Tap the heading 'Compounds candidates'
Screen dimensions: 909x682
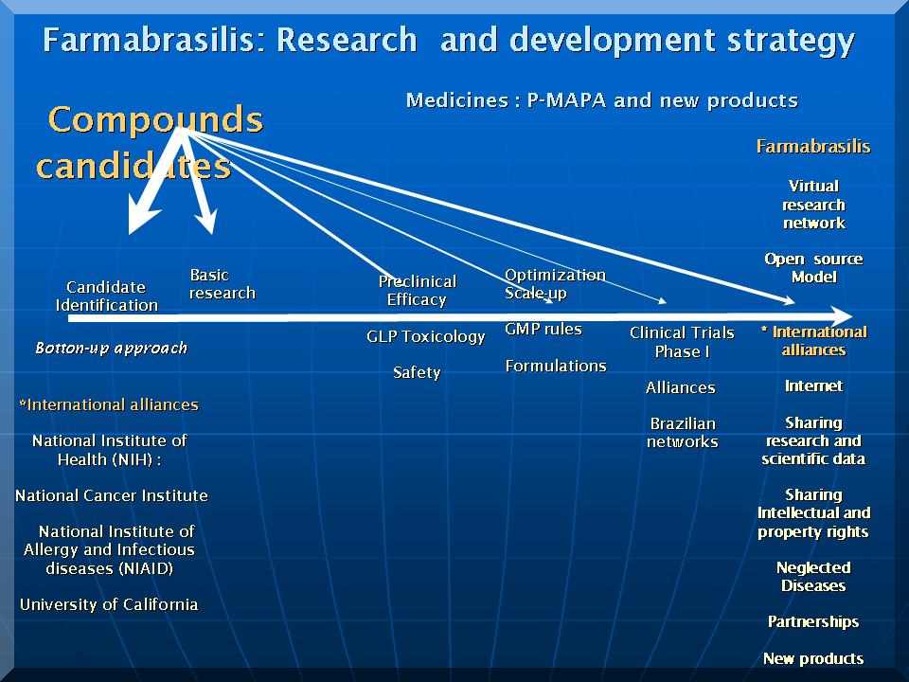pyautogui.click(x=150, y=143)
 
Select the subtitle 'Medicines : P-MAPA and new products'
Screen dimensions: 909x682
pyautogui.click(x=602, y=101)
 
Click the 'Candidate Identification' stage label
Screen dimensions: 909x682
pyautogui.click(x=106, y=296)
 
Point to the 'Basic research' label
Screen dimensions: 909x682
pyautogui.click(x=222, y=283)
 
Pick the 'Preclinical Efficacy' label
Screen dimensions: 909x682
pyautogui.click(x=417, y=290)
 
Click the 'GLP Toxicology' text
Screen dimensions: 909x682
pyautogui.click(x=425, y=337)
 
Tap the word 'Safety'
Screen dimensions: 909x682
pyautogui.click(x=417, y=372)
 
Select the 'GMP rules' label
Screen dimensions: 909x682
pyautogui.click(x=544, y=329)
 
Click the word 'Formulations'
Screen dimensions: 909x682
pyautogui.click(x=556, y=366)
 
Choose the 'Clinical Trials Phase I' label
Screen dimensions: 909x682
pyautogui.click(x=682, y=342)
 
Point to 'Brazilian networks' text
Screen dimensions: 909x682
pyautogui.click(x=683, y=433)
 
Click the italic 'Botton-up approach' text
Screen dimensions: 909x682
pyautogui.click(x=112, y=348)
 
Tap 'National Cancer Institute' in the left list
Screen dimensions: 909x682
pyautogui.click(x=112, y=495)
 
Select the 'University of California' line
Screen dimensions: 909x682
pyautogui.click(x=109, y=604)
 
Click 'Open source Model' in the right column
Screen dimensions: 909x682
pyautogui.click(x=813, y=268)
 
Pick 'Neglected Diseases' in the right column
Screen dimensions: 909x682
pyautogui.click(x=813, y=577)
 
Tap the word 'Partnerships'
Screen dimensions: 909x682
pyautogui.click(x=813, y=621)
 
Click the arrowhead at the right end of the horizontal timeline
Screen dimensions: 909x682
pyautogui.click(x=841, y=316)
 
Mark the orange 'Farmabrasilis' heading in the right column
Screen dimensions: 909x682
pyautogui.click(x=813, y=146)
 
